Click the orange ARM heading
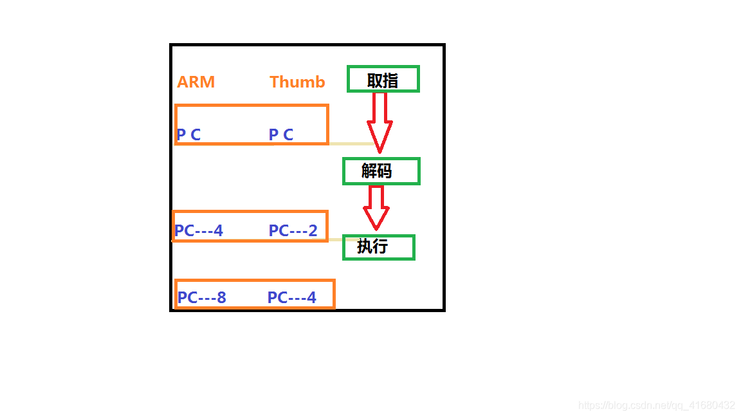(x=196, y=82)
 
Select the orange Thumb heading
(x=297, y=82)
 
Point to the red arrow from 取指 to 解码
(x=380, y=123)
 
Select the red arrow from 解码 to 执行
(x=376, y=208)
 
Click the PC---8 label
(x=202, y=297)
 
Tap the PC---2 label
(x=293, y=230)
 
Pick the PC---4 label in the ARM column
(x=199, y=230)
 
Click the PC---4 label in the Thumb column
(x=291, y=297)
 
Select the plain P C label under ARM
(x=188, y=134)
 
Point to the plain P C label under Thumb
(x=281, y=134)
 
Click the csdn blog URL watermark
(x=656, y=405)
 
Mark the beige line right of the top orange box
(x=352, y=144)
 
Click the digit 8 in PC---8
(x=221, y=297)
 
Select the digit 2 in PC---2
(x=313, y=230)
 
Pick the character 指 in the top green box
(x=391, y=80)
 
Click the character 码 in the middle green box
(x=385, y=171)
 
